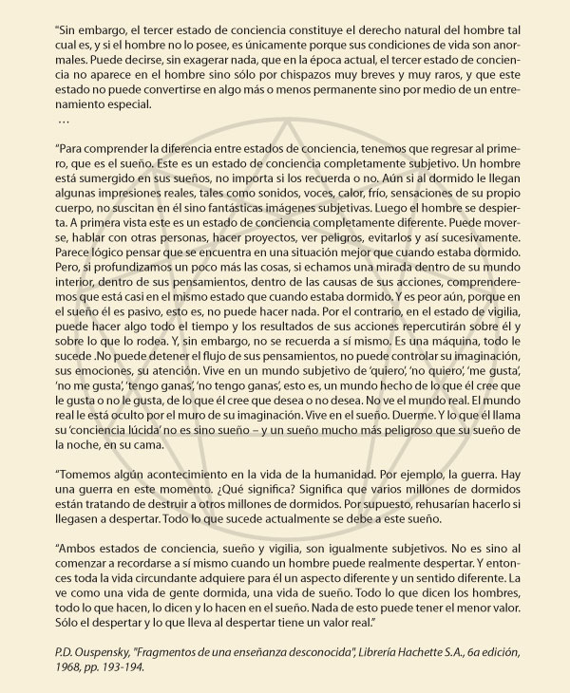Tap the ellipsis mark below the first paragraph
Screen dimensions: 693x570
[64, 122]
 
